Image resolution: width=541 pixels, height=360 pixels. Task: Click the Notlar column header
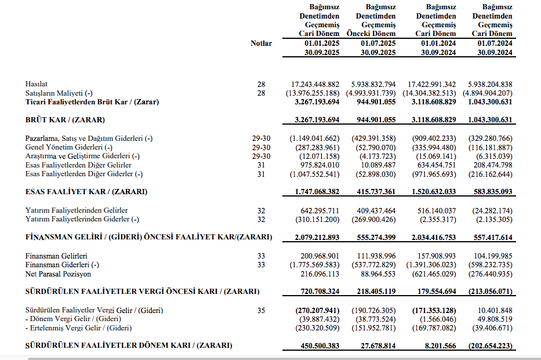pyautogui.click(x=261, y=43)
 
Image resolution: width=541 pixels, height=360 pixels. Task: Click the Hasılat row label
pyautogui.click(x=37, y=85)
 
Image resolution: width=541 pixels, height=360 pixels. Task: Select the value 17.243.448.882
pyautogui.click(x=315, y=85)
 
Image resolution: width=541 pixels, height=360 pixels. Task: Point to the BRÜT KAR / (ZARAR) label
pyautogui.click(x=65, y=120)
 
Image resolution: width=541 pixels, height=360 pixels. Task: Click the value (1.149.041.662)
pyautogui.click(x=314, y=139)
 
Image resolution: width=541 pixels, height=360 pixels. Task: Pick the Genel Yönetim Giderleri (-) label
pyautogui.click(x=68, y=147)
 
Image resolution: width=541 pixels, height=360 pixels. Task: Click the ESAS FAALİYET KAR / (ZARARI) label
pyautogui.click(x=86, y=192)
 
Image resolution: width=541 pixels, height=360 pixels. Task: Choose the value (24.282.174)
pyautogui.click(x=491, y=210)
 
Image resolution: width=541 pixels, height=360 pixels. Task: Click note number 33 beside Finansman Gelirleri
pyautogui.click(x=261, y=256)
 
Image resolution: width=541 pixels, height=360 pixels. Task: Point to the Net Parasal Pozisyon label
pyautogui.click(x=58, y=274)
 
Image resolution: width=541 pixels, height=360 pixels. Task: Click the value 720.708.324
pyautogui.click(x=318, y=291)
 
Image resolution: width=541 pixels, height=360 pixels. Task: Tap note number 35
pyautogui.click(x=261, y=311)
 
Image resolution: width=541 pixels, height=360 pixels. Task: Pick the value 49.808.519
pyautogui.click(x=492, y=319)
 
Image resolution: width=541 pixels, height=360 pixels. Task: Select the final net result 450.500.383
pyautogui.click(x=318, y=346)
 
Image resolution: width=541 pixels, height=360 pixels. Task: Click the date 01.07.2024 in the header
pyautogui.click(x=495, y=43)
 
